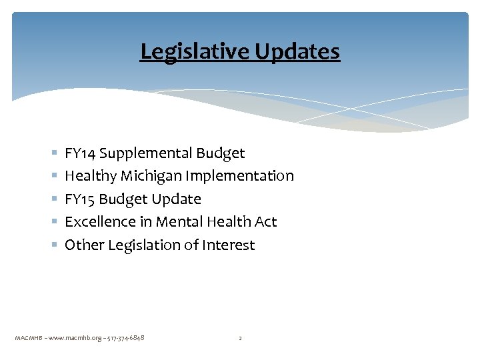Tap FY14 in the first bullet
tap(79, 153)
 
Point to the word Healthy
tap(90, 176)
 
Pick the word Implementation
tap(240, 176)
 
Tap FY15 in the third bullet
tap(79, 199)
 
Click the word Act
tap(265, 222)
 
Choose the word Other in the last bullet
tap(83, 245)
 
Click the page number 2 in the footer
tap(240, 338)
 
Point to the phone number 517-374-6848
tap(124, 338)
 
